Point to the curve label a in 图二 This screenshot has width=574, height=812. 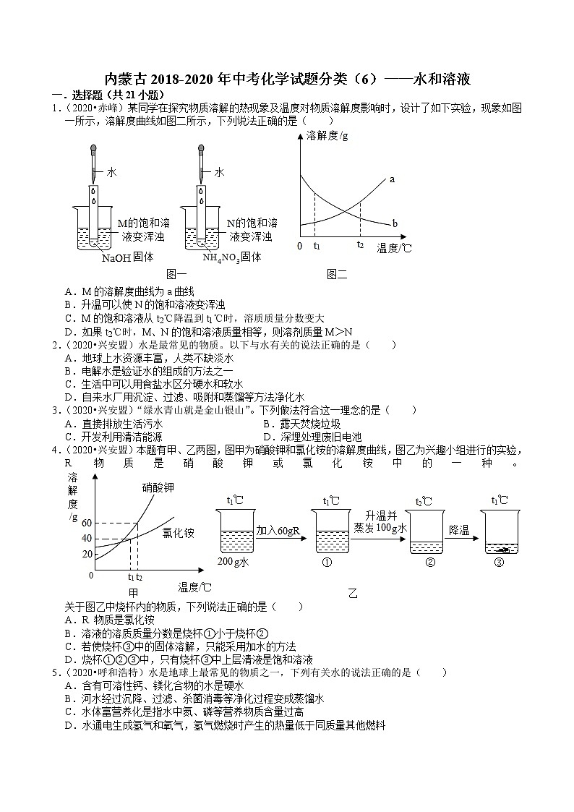392,178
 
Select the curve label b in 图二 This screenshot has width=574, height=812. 395,223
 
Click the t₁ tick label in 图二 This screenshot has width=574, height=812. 316,246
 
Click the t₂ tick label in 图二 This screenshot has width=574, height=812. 360,246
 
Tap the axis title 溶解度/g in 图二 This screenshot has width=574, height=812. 327,135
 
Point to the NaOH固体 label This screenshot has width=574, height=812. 127,257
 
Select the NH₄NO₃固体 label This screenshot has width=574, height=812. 231,257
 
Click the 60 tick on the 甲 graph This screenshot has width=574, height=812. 87,523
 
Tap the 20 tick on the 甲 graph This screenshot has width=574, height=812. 87,554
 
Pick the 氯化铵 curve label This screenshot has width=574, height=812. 177,533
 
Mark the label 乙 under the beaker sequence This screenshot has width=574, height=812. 353,594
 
